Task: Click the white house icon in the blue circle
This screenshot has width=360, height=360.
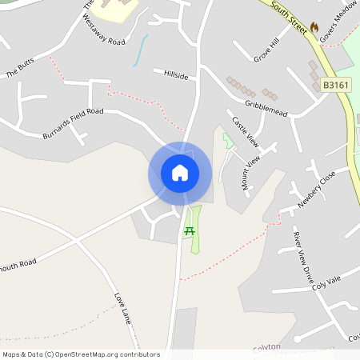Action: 180,173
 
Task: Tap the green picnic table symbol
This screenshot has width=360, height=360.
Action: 190,231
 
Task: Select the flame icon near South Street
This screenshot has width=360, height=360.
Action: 314,27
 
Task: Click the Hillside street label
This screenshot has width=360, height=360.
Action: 176,75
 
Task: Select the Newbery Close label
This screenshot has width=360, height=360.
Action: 318,190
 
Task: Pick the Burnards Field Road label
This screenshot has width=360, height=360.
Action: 74,123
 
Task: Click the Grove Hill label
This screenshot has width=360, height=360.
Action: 266,49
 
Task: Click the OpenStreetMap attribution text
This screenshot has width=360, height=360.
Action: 81,354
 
